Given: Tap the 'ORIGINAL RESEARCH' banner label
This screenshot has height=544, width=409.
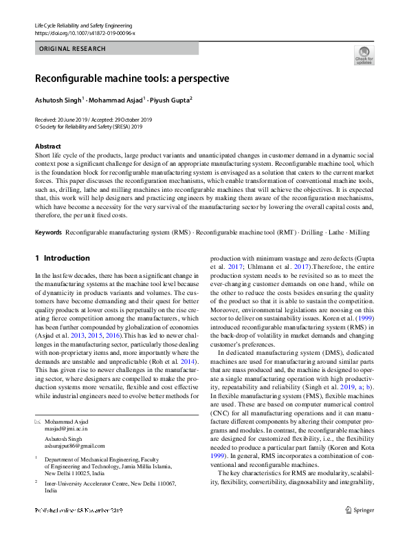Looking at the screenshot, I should (72, 49).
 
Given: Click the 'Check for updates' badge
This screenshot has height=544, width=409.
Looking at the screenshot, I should (364, 55).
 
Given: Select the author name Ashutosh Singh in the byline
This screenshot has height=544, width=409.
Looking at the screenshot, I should (58, 100).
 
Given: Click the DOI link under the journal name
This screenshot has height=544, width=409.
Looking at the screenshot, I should (85, 33).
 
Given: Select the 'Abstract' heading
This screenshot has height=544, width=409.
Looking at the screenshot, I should (47, 146).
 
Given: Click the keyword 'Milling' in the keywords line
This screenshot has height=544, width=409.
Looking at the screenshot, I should (359, 232).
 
